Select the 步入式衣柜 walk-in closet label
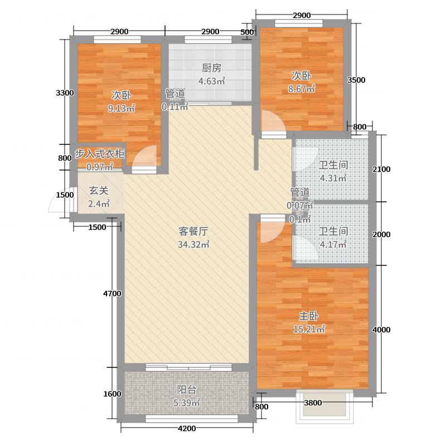(100, 154)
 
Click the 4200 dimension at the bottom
(187, 428)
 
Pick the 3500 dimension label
(356, 80)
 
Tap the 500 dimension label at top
(246, 32)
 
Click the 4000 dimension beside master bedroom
(381, 329)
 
